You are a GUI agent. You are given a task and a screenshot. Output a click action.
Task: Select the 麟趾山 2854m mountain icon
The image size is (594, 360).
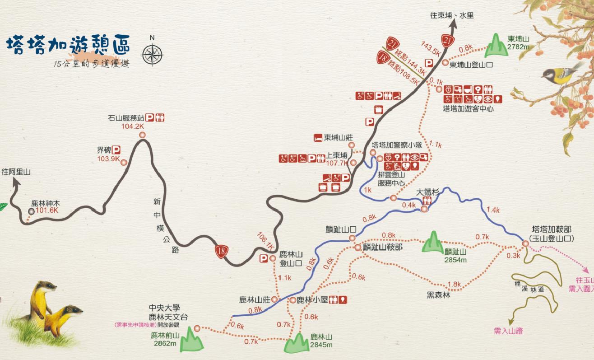pos(432,243)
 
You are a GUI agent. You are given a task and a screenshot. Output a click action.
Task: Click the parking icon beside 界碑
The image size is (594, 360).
pos(116,150)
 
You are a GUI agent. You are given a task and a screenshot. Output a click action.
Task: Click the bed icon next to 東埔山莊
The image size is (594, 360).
pos(318,137)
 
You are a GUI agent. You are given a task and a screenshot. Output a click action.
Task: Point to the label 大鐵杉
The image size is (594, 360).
pos(427,192)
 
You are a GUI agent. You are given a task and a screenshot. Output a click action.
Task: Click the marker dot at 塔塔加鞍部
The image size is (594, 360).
pos(525,244)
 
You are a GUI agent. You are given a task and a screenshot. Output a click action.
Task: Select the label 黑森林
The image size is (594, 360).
pos(438,295)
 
